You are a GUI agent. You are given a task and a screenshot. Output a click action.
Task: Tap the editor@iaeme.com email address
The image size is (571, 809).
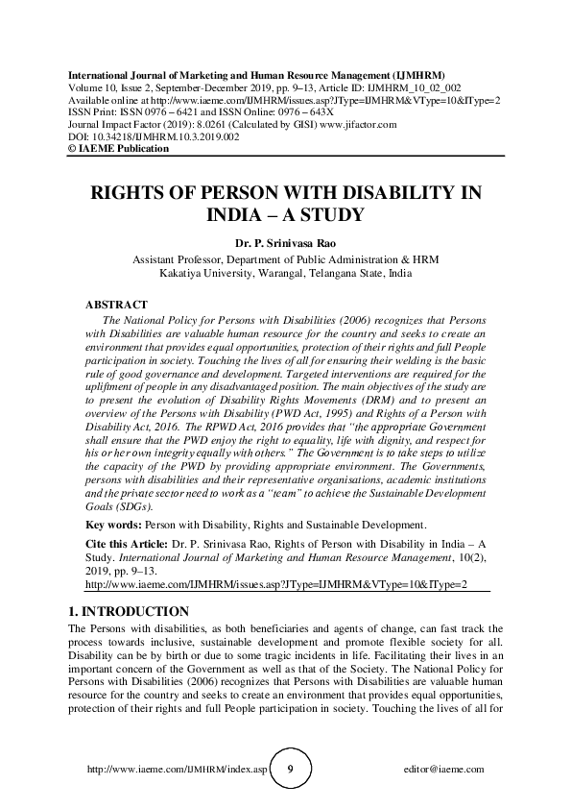tap(445, 770)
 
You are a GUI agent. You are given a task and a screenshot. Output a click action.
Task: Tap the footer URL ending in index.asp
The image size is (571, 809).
tap(174, 770)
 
